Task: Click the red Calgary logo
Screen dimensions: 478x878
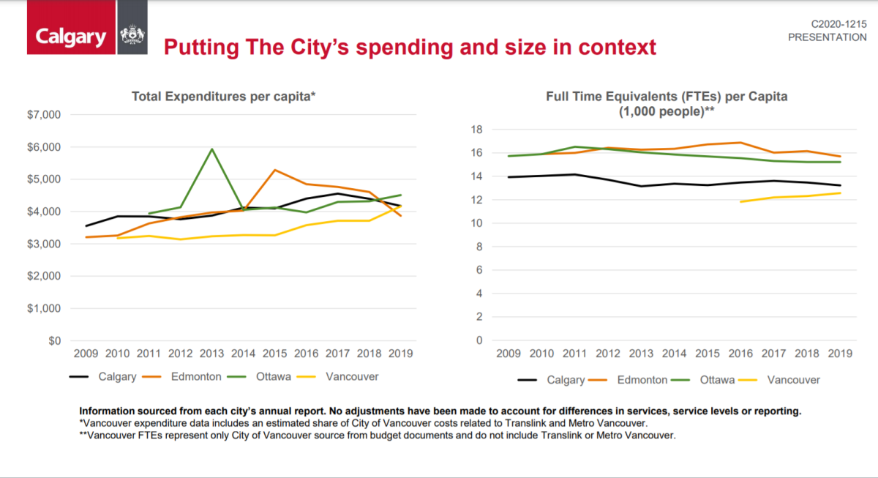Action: (x=71, y=37)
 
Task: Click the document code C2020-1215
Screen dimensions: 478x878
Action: (x=838, y=24)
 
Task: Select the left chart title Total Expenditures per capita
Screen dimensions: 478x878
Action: (x=223, y=96)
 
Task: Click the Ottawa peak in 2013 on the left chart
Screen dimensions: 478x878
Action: (x=212, y=149)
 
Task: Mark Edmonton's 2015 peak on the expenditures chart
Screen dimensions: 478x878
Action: (x=274, y=170)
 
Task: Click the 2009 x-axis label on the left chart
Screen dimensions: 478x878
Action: (x=86, y=354)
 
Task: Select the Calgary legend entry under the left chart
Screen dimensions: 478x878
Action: (x=116, y=377)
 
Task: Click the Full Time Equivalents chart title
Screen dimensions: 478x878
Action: (x=667, y=96)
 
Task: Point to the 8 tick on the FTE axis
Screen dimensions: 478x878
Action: (x=479, y=247)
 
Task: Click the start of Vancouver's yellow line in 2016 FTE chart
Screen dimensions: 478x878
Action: (x=740, y=201)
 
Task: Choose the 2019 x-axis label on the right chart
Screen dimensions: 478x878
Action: (x=840, y=354)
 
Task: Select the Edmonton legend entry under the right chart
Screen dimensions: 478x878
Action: (x=642, y=380)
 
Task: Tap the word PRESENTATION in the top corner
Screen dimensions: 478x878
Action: (x=827, y=37)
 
